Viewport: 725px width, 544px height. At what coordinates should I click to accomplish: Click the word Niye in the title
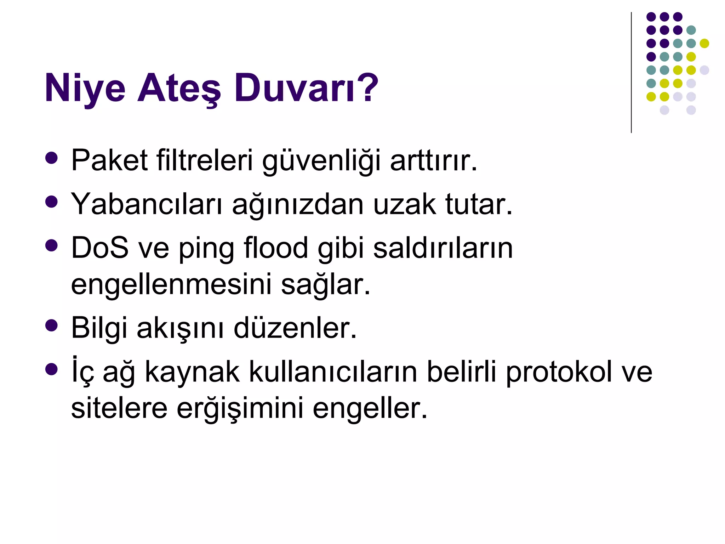(x=85, y=88)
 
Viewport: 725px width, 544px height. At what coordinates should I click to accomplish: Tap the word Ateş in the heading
(x=179, y=88)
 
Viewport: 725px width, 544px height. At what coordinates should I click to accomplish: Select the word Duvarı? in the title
(x=306, y=88)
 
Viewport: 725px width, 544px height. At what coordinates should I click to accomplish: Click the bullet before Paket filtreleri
(x=52, y=158)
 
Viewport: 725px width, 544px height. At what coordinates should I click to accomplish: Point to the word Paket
(x=109, y=160)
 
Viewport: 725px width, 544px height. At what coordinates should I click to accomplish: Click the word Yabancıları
(x=147, y=204)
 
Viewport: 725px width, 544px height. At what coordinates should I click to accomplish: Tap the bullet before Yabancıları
(x=52, y=202)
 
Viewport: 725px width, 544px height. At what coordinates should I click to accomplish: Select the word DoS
(x=100, y=248)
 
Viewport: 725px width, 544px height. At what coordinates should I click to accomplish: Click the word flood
(x=276, y=248)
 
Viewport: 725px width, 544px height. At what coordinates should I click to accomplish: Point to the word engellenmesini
(x=171, y=284)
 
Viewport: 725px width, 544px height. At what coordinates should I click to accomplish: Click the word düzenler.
(x=295, y=328)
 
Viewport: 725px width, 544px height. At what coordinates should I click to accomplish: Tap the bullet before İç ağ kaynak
(x=52, y=369)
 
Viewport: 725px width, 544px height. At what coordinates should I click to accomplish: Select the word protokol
(x=559, y=373)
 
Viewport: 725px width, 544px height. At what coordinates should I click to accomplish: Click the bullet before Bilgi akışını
(x=52, y=325)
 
